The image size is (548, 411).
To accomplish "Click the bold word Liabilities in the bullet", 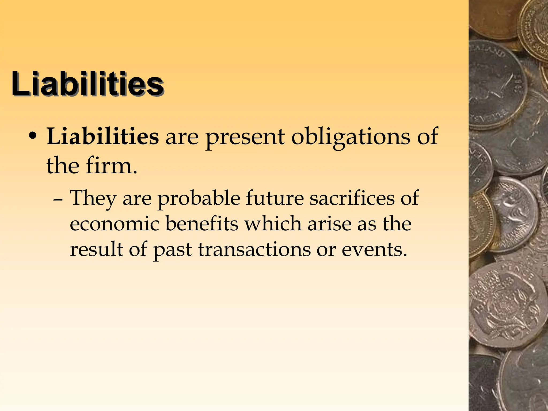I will [x=103, y=136].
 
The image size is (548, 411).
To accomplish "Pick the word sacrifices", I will [x=352, y=198].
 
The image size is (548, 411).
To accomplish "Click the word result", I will [x=97, y=249].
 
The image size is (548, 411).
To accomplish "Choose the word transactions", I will [x=254, y=249].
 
